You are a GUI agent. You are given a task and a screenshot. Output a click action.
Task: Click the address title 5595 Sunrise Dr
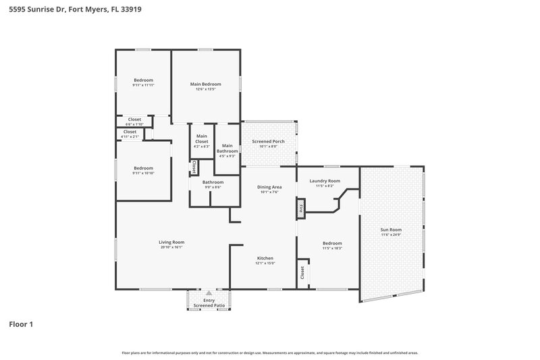point(75,10)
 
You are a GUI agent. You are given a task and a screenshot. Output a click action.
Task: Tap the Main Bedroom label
point(205,84)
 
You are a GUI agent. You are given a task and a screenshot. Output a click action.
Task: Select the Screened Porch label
point(268,142)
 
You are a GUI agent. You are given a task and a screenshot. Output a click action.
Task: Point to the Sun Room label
point(391,230)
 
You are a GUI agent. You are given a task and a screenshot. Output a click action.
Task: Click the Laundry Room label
point(324,180)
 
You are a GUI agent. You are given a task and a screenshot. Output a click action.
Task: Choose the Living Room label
point(171,242)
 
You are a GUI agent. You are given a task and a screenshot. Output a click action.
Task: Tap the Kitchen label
point(265,258)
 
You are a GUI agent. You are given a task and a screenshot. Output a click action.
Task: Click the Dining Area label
point(269,186)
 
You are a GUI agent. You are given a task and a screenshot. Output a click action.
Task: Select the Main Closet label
point(202,138)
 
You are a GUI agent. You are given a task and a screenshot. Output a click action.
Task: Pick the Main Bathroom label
point(227,148)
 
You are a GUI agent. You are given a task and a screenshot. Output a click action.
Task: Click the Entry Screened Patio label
point(209,303)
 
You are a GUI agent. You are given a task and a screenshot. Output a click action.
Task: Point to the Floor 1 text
point(21,324)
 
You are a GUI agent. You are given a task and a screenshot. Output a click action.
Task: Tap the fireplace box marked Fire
point(301,209)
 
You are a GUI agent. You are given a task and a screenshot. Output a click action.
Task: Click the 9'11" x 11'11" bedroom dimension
point(143,86)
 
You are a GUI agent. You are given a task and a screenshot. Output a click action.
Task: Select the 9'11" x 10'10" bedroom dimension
point(143,173)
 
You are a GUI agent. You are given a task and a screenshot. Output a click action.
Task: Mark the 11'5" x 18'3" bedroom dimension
point(331,248)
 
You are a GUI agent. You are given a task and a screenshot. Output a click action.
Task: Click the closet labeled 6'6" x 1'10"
point(134,124)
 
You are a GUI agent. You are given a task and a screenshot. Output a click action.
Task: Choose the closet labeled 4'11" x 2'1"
point(130,136)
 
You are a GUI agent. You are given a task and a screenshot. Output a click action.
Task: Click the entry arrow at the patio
point(209,294)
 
